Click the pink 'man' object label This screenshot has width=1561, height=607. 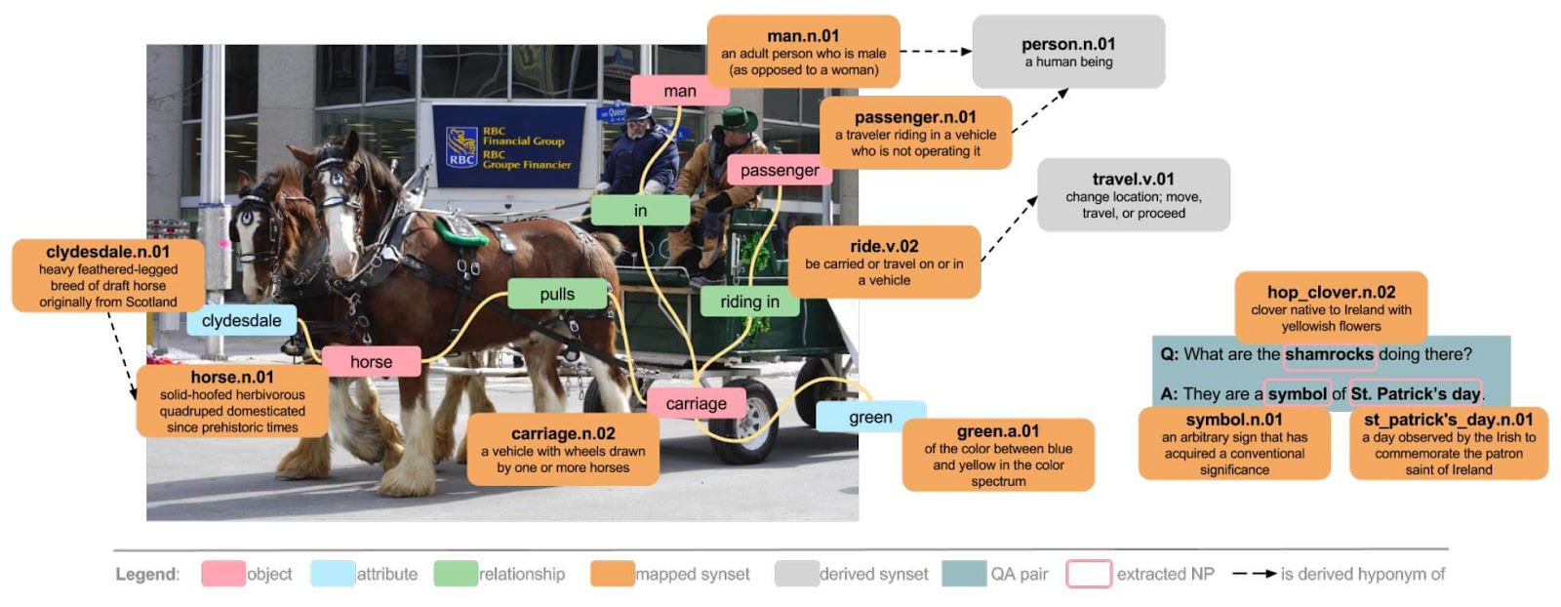(680, 91)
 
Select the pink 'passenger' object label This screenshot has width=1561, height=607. (779, 170)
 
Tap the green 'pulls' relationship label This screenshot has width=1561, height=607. (557, 294)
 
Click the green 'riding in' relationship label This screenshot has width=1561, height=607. (749, 302)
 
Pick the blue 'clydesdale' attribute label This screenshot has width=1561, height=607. (241, 320)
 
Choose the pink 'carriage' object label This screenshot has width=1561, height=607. (696, 403)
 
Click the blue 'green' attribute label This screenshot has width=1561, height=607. (870, 417)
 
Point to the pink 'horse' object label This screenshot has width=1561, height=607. (371, 361)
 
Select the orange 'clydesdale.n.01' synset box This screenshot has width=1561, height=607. (108, 276)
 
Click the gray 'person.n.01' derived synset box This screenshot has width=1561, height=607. (1068, 52)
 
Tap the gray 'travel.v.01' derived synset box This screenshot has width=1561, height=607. (1133, 195)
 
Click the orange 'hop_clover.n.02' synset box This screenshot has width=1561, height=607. (1331, 307)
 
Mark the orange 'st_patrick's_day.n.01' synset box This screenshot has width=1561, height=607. (1448, 444)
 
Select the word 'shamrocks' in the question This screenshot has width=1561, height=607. (1329, 354)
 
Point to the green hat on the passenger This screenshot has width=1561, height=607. (740, 120)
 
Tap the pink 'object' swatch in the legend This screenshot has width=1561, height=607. (223, 574)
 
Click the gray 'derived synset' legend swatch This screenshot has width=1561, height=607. (796, 574)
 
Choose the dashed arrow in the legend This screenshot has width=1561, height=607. (1254, 574)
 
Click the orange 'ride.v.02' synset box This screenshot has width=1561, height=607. (884, 263)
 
